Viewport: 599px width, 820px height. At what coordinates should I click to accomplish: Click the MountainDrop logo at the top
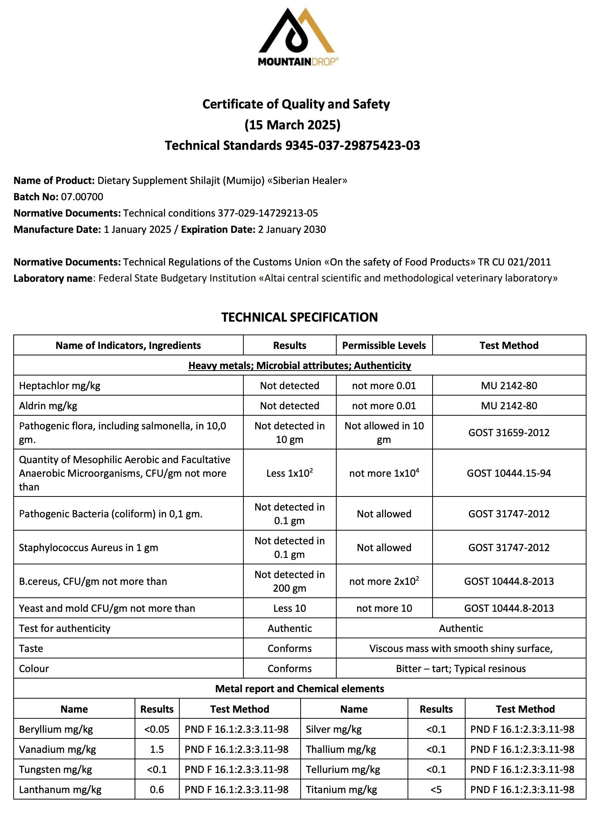[298, 37]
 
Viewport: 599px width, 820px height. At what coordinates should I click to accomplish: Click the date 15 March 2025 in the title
[292, 125]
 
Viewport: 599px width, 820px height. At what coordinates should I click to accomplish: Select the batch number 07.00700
[82, 197]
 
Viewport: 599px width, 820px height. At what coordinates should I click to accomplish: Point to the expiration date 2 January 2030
[292, 229]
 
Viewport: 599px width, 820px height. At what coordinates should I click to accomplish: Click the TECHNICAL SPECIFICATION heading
[299, 317]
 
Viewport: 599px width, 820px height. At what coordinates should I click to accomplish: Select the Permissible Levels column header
[384, 346]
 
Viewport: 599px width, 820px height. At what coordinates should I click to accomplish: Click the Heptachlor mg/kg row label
[60, 386]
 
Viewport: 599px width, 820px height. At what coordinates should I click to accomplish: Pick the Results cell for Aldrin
[289, 406]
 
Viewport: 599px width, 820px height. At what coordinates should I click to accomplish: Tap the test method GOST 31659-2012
[509, 433]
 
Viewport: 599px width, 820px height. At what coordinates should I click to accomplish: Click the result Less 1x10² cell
[289, 473]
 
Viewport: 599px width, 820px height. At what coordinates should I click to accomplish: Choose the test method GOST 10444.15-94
[509, 473]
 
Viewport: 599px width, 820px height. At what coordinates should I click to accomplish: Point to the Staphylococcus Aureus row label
[88, 548]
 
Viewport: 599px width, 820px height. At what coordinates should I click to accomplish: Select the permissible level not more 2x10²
[384, 581]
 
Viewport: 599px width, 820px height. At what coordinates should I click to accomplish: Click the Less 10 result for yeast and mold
[289, 608]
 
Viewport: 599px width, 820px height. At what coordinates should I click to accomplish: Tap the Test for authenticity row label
[64, 628]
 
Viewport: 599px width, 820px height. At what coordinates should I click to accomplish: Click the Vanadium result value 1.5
[157, 749]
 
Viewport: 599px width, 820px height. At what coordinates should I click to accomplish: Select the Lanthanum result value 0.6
[157, 790]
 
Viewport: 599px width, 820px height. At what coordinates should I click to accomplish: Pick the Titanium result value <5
[436, 790]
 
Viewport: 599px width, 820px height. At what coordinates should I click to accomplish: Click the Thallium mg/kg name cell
[341, 749]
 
